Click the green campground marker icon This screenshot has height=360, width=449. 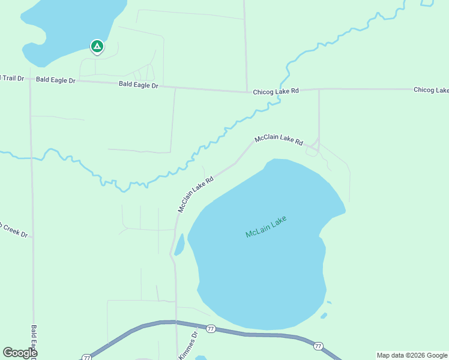tap(97, 46)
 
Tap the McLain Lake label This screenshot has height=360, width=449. tap(266, 227)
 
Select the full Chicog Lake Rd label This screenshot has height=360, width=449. tap(276, 91)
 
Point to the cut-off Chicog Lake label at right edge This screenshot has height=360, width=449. tap(430, 90)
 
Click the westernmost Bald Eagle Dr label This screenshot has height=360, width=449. tap(55, 80)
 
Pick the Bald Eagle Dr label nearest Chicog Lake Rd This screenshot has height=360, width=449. tap(138, 85)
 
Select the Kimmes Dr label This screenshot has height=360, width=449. tap(187, 347)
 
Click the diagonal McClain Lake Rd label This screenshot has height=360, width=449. tap(196, 194)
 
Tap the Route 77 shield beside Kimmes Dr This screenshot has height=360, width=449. tap(211, 329)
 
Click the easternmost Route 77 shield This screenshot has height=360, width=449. tap(318, 346)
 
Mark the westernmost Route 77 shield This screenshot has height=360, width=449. tap(87, 357)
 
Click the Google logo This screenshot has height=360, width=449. tap(19, 353)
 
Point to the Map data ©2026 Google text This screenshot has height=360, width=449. tap(411, 355)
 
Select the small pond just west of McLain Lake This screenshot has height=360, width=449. tap(179, 245)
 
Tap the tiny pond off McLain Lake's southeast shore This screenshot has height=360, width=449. tap(324, 316)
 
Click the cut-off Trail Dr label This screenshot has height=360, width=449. tap(11, 78)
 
